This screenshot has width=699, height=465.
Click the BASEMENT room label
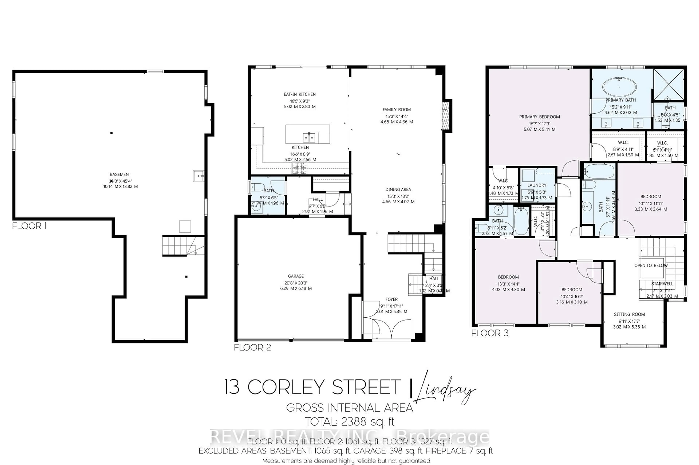(120, 174)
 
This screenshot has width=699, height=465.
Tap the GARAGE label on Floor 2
(296, 276)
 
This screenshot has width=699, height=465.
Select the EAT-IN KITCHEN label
(300, 94)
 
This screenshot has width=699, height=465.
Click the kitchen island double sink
(309, 138)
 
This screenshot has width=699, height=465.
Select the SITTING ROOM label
(629, 314)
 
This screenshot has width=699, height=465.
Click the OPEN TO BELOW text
(651, 265)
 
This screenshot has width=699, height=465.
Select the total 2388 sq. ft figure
(350, 421)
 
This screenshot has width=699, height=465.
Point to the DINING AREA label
(398, 190)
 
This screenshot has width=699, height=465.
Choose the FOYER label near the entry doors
(392, 300)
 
